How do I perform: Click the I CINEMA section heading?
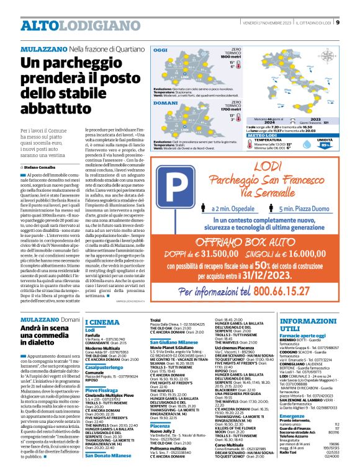(102, 322)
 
